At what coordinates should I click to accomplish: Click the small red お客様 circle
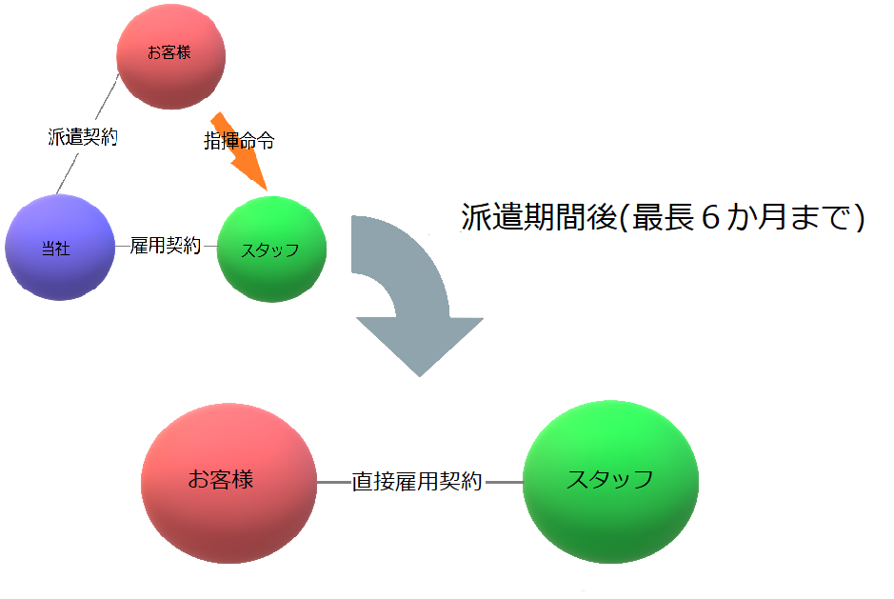171,56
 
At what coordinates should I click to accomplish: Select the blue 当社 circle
60,247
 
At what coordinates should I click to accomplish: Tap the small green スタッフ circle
271,250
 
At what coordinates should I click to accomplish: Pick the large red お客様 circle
228,483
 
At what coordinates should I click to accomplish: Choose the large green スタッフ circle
610,482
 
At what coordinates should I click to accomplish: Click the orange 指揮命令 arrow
240,151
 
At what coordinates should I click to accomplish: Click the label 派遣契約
83,137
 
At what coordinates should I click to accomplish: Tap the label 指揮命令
240,140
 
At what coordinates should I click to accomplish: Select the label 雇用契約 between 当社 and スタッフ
166,246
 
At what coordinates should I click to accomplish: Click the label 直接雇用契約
417,482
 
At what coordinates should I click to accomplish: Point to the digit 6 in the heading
710,217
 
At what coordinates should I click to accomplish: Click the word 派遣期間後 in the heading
540,217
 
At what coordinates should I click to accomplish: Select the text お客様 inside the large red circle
221,479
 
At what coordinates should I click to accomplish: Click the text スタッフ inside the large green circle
609,479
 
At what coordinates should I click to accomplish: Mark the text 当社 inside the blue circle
56,249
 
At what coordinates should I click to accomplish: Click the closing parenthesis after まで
857,218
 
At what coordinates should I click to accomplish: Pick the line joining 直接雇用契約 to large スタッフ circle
504,482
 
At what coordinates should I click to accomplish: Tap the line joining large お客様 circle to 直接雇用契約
333,482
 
